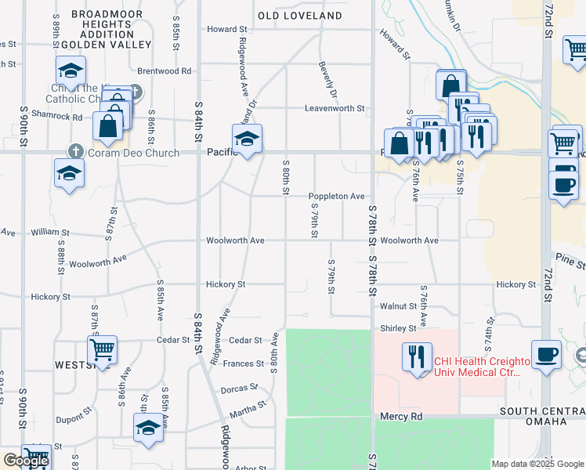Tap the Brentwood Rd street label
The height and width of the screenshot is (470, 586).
(165, 70)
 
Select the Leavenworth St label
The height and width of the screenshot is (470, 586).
(335, 108)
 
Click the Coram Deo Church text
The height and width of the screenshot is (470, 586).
(134, 153)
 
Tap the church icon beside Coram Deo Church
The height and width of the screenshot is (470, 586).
(75, 151)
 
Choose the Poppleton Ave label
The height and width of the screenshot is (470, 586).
(336, 196)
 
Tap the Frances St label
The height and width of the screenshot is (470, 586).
(244, 363)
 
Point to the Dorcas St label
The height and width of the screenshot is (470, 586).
(239, 388)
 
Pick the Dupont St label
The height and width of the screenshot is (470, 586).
(75, 409)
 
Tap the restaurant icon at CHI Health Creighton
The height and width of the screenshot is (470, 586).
(417, 357)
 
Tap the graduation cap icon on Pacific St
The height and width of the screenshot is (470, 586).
(248, 139)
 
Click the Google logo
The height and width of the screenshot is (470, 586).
(25, 461)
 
